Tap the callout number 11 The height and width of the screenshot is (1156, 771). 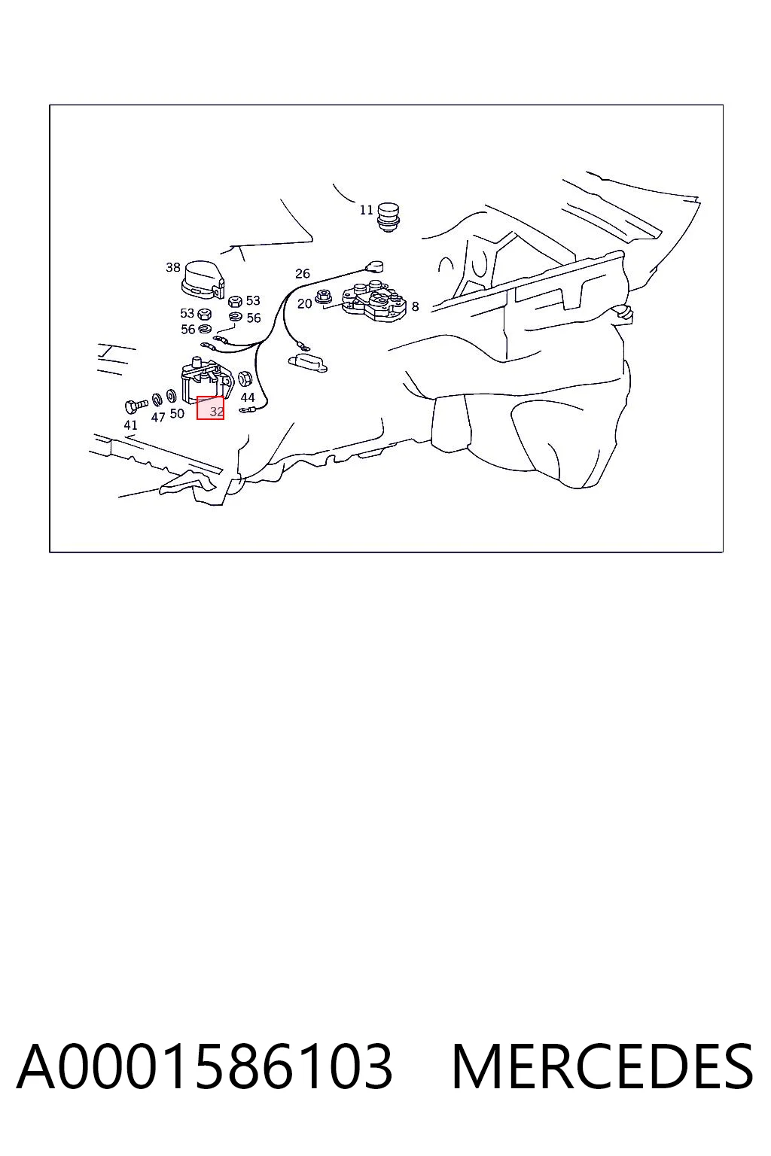pos(366,210)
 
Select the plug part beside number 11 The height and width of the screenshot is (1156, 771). pos(389,217)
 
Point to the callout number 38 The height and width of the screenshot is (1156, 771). pos(173,267)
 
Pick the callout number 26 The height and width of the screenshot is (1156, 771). pos(303,273)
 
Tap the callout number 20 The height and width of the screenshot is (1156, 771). pos(305,303)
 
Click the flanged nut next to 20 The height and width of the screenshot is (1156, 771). pos(323,297)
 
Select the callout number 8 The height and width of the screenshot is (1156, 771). pos(415,306)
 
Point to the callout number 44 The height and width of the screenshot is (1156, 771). pos(248,397)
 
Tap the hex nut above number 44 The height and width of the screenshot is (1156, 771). pos(245,379)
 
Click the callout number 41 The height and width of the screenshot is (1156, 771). pos(131,424)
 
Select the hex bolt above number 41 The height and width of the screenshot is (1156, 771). pos(136,405)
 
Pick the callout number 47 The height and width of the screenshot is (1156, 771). pos(158,417)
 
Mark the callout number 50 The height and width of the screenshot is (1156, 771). pos(177,413)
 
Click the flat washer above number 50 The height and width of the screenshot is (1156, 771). pos(172,397)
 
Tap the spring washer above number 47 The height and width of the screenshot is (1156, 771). pos(157,400)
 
